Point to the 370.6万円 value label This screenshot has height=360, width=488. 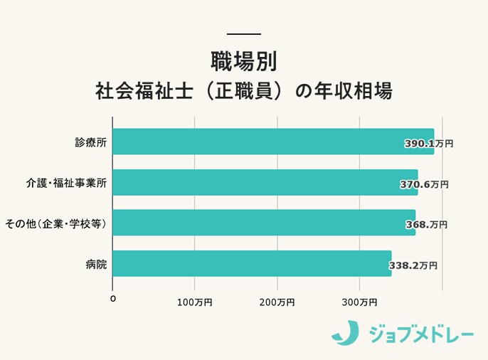coord(424,184)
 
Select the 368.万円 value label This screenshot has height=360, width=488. coord(425,224)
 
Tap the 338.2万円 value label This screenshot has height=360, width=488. coord(413,265)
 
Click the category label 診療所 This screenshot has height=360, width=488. coord(91,142)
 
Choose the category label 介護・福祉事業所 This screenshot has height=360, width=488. coord(66,183)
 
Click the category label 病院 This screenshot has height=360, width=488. coord(96,264)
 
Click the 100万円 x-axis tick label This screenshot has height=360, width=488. coord(193,302)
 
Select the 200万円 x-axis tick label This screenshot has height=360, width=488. coord(276,302)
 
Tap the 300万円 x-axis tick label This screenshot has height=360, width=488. coord(359,302)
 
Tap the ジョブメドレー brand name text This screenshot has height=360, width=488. coord(420,333)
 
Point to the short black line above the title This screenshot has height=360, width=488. coord(243,34)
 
